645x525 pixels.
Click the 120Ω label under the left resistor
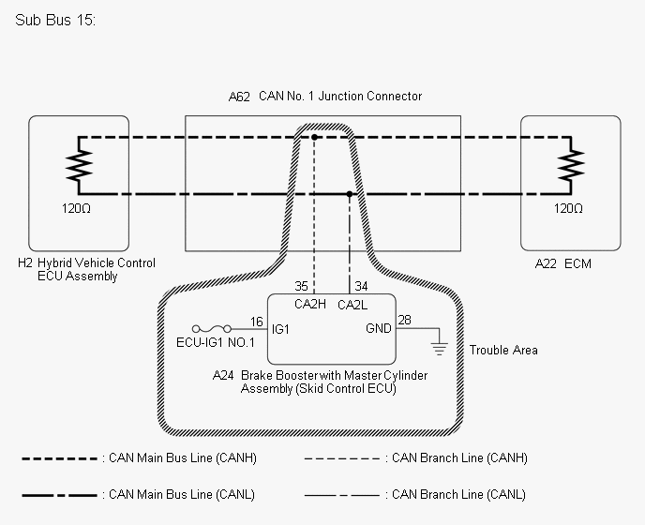[x=78, y=209]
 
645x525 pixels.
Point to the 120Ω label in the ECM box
[x=568, y=209]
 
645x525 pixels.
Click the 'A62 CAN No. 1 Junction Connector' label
[x=324, y=97]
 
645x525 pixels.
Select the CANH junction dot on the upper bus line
[x=315, y=137]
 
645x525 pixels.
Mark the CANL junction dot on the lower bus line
[x=350, y=195]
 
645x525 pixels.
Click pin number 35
[x=301, y=285]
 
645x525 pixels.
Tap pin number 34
[x=362, y=285]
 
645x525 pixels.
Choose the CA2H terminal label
[x=309, y=305]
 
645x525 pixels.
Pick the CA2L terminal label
[x=353, y=305]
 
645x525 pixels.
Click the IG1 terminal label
[x=281, y=329]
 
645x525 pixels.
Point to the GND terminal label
[x=380, y=329]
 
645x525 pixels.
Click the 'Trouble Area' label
[x=503, y=350]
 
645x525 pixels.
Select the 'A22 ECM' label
[x=562, y=264]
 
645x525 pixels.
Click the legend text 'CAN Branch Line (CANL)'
[x=458, y=495]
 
